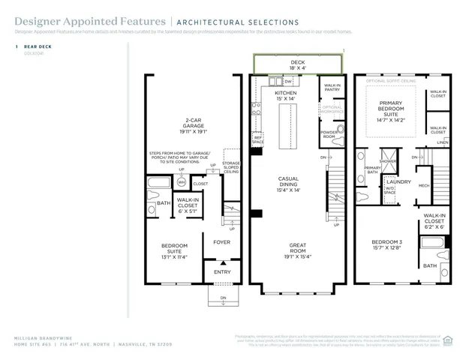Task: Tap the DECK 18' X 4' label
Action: pyautogui.click(x=298, y=64)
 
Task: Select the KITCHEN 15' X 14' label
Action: pyautogui.click(x=285, y=95)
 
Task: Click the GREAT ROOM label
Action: pyautogui.click(x=298, y=250)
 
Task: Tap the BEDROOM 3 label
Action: pyautogui.click(x=386, y=244)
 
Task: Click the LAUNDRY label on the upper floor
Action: pyautogui.click(x=398, y=181)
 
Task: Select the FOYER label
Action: pyautogui.click(x=221, y=241)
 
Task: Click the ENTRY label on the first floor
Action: pyautogui.click(x=223, y=271)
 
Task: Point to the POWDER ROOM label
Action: pyautogui.click(x=328, y=135)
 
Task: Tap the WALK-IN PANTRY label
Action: pyautogui.click(x=332, y=88)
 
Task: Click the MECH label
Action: pyautogui.click(x=424, y=185)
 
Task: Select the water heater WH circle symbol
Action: pyautogui.click(x=181, y=182)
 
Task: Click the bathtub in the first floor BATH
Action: pyautogui.click(x=160, y=183)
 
